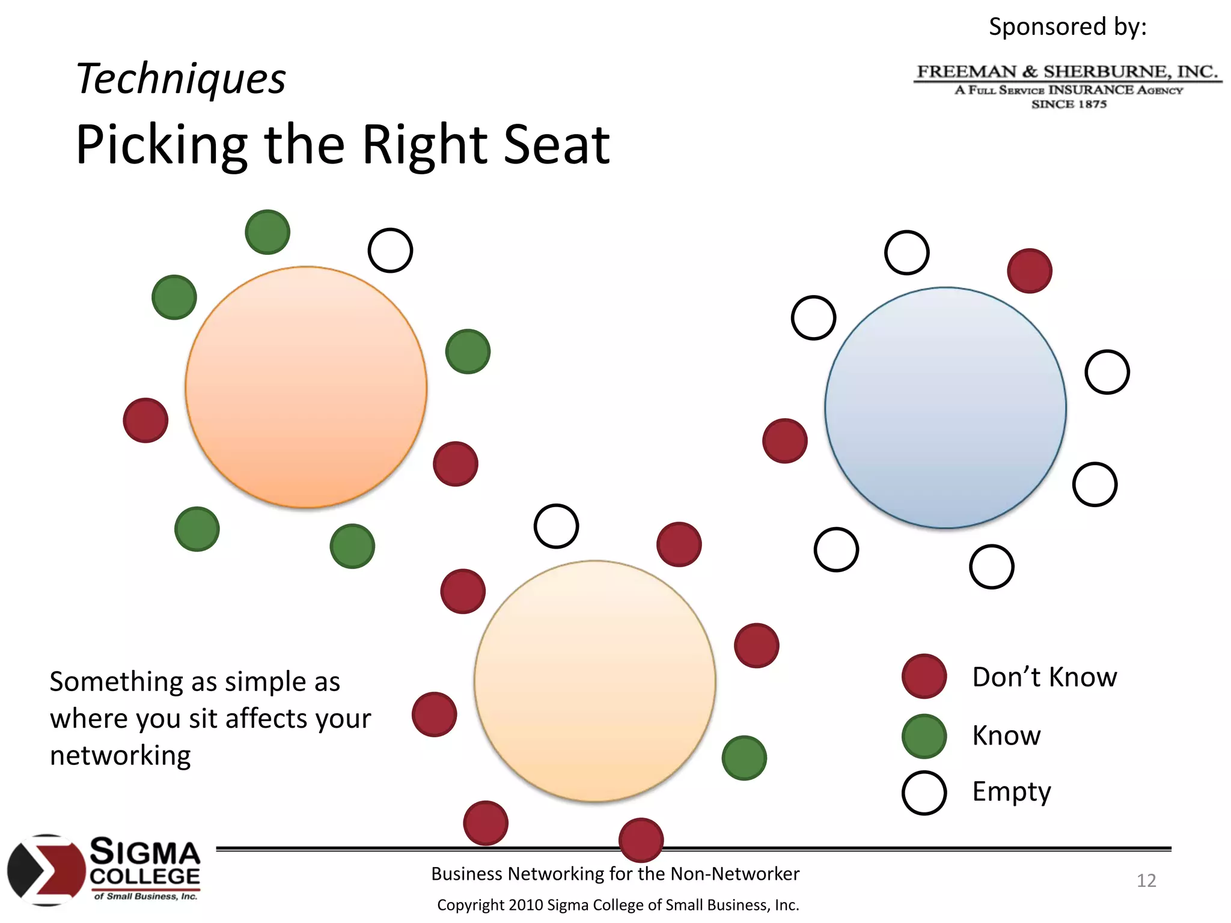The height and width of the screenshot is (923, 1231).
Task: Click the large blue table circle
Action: pos(945,408)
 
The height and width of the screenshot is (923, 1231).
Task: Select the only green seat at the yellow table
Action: pos(744,758)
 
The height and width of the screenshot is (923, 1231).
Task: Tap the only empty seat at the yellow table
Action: pos(557,526)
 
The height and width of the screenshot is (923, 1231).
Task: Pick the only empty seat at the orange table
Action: pos(390,250)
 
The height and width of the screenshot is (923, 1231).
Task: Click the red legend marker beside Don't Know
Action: pos(924,676)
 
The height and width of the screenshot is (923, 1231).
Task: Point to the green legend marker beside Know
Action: pos(924,736)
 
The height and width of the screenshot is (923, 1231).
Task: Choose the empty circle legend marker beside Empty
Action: pos(924,793)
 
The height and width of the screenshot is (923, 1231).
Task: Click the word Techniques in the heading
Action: pos(181,79)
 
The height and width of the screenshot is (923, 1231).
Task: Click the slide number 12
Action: pos(1146,880)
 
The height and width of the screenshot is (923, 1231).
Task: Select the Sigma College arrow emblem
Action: pos(46,870)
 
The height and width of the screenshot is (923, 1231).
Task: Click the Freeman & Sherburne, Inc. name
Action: pos(1068,72)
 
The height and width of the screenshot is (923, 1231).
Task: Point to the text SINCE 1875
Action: pos(1069,104)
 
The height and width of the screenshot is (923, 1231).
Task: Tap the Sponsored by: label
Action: pos(1068,26)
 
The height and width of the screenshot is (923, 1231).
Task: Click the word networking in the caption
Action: pos(120,755)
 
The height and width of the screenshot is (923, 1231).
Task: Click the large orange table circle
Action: pos(306,387)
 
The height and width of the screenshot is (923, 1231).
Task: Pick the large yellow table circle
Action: pos(594,681)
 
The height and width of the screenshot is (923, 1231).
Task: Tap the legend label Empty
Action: pos(1012,792)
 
